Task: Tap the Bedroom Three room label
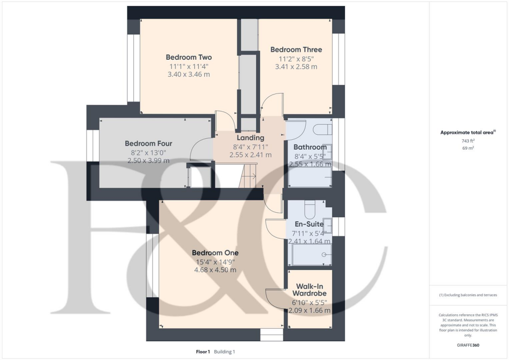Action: (296, 50)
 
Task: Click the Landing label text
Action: (251, 138)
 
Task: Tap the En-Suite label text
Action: (310, 224)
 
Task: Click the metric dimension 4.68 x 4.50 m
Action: (215, 270)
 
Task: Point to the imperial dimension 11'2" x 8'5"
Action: (296, 58)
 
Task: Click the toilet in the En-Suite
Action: (310, 205)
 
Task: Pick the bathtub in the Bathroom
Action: (311, 178)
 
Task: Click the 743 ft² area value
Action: (466, 141)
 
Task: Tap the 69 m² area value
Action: (466, 148)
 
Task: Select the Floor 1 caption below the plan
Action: (203, 352)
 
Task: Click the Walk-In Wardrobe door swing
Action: (275, 297)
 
